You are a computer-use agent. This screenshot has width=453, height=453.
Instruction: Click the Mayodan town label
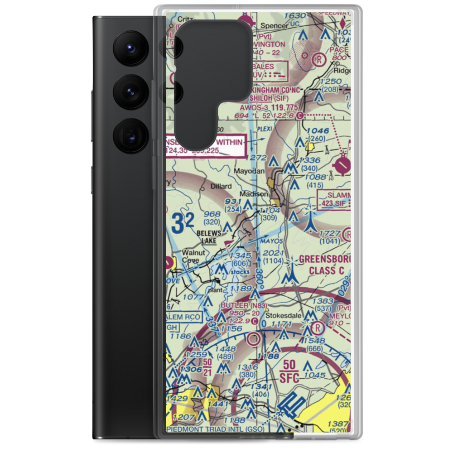pyautogui.click(x=250, y=172)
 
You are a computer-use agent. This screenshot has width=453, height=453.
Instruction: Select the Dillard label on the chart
pyautogui.click(x=221, y=186)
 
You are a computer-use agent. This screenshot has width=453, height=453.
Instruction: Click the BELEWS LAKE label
pyautogui.click(x=209, y=237)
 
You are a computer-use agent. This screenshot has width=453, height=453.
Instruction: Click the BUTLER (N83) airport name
pyautogui.click(x=244, y=306)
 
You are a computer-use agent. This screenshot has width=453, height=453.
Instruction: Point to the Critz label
pyautogui.click(x=173, y=19)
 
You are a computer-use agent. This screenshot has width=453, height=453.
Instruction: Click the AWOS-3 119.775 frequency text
pyautogui.click(x=275, y=108)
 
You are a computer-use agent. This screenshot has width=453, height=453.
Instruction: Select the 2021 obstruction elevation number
pyautogui.click(x=273, y=253)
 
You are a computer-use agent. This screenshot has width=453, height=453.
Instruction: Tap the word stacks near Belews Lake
pyautogui.click(x=240, y=272)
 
